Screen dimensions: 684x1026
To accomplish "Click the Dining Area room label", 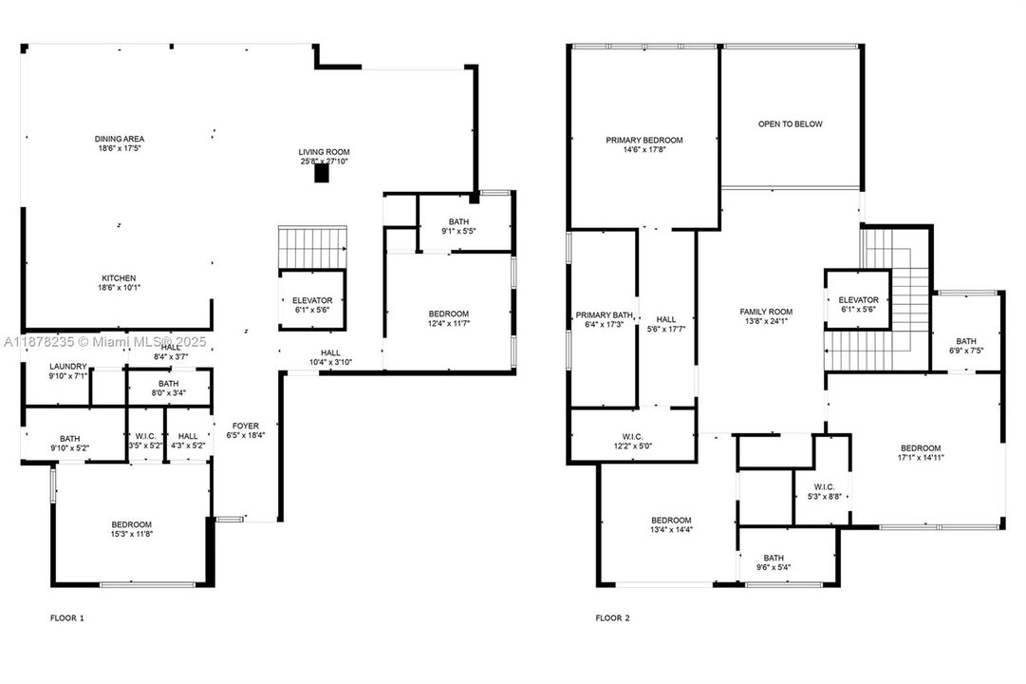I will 119,139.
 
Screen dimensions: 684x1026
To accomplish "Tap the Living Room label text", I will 324,152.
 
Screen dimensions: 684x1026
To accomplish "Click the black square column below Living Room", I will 322,174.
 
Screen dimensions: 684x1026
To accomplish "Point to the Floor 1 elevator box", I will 311,305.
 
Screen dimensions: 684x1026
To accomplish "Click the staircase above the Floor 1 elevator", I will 313,247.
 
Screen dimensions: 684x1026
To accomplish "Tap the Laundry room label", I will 68,367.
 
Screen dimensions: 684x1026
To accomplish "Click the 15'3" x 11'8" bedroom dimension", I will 131,534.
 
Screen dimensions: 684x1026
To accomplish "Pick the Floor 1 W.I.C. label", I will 145,435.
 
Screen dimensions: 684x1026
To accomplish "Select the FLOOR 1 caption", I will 66,618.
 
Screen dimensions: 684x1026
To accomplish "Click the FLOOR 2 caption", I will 612,618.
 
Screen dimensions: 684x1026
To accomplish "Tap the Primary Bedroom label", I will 644,140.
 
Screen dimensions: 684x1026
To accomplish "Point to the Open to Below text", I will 790,124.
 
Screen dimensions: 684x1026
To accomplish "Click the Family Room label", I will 766,312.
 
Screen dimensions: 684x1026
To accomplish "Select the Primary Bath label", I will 604,315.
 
